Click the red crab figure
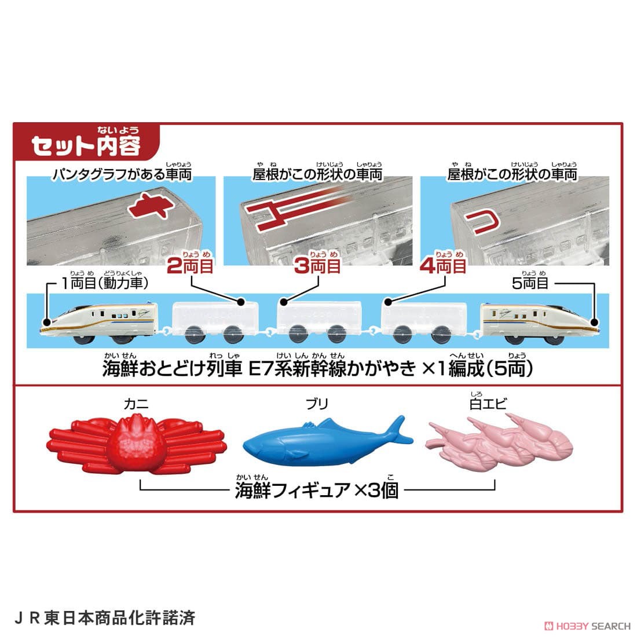pyautogui.click(x=137, y=445)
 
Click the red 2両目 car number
pyautogui.click(x=190, y=266)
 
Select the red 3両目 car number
pyautogui.click(x=317, y=266)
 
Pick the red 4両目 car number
pyautogui.click(x=443, y=266)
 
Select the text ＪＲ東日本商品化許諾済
pyautogui.click(x=104, y=617)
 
